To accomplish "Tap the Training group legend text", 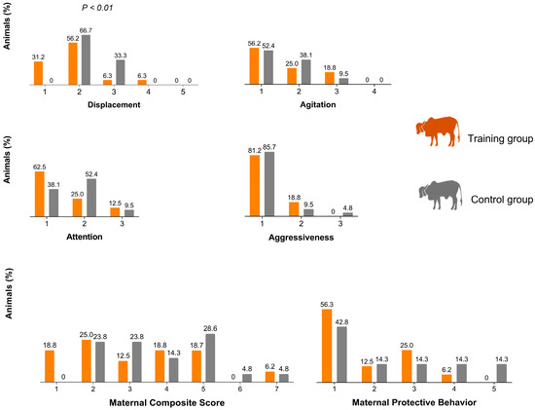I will tap(497, 140).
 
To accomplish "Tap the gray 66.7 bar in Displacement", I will tap(85, 61).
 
